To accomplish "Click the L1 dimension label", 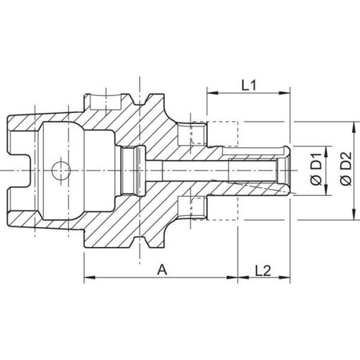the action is click(x=249, y=86).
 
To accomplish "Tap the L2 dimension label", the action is click(x=263, y=270).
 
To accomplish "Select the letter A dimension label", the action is click(x=162, y=270).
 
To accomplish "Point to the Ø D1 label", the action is click(x=317, y=170).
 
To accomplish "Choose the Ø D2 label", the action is click(x=347, y=169).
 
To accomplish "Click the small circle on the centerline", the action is click(x=61, y=170).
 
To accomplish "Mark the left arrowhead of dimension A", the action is click(x=90, y=277).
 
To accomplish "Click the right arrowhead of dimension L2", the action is click(x=285, y=277).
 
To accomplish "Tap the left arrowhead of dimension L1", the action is click(x=212, y=93).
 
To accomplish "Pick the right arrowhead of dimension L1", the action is click(x=285, y=93).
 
